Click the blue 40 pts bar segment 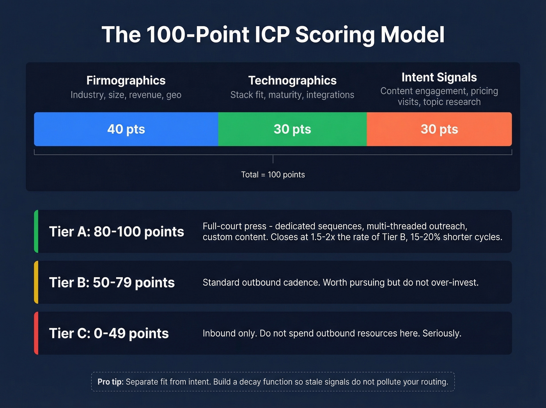(126, 129)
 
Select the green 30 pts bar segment (292, 129)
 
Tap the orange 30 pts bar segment (439, 129)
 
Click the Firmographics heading (126, 80)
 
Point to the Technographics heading (292, 80)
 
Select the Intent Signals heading (439, 77)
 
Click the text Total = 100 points (273, 175)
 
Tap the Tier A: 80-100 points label (117, 232)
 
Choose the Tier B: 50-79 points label (112, 282)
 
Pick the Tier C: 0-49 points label (109, 333)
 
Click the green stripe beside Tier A (36, 231)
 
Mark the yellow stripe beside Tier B (36, 282)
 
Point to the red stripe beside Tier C (36, 333)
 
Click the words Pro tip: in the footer (110, 382)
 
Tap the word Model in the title (412, 35)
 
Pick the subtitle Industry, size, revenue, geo (126, 95)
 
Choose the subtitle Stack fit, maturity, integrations (292, 95)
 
